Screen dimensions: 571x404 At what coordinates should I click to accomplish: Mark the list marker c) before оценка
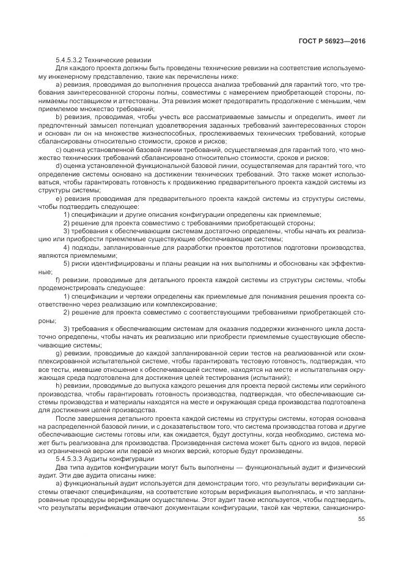point(59,148)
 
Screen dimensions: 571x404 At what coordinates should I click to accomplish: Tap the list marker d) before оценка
point(59,165)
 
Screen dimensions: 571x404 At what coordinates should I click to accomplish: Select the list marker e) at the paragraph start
point(59,198)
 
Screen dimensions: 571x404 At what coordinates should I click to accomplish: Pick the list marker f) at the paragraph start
point(58,280)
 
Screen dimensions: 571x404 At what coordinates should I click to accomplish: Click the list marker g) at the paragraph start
point(59,354)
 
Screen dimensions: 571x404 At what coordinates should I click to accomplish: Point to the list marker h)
point(59,387)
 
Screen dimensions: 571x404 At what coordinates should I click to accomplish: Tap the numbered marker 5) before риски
point(67,263)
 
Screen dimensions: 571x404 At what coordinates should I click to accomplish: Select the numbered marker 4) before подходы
point(67,247)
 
